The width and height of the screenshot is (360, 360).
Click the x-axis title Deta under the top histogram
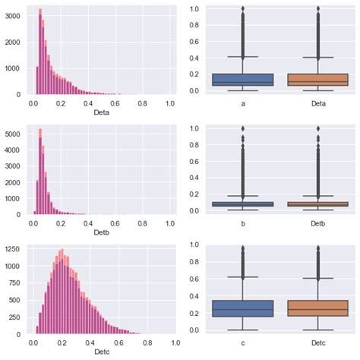pos(101,112)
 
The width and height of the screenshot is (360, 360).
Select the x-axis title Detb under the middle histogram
pos(101,232)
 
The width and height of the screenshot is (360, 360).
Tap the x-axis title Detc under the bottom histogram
pos(101,352)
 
